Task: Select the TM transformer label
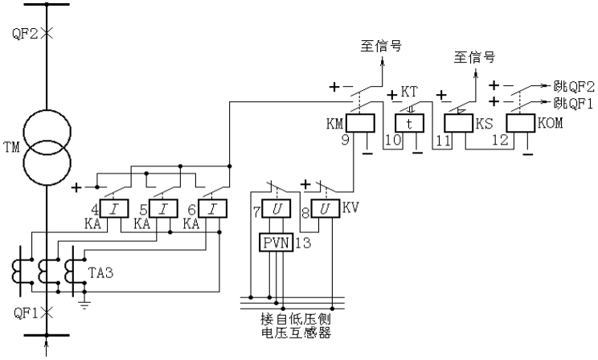point(10,147)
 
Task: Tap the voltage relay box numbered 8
point(326,211)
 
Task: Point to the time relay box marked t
point(408,122)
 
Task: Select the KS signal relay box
point(460,122)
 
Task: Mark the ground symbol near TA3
point(84,304)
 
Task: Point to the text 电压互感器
point(297,333)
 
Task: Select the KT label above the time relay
point(409,94)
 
